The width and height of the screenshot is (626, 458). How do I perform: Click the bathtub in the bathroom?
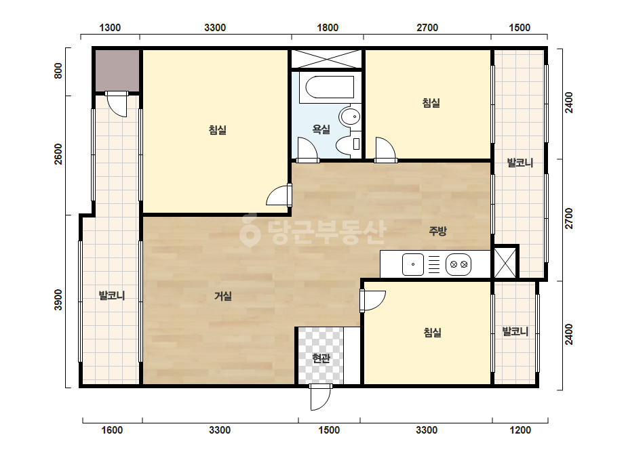(330, 87)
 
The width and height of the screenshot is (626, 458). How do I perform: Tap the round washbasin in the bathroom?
(350, 117)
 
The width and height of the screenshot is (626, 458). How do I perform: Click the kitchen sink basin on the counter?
(413, 264)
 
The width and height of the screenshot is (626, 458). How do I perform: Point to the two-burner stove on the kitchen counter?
(458, 264)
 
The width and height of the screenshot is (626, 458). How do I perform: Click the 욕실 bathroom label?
(321, 129)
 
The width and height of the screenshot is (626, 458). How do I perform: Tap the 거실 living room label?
(222, 296)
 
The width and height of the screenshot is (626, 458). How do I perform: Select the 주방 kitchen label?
(437, 231)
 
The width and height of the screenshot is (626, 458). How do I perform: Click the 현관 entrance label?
(321, 358)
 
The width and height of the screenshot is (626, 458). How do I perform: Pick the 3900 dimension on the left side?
(58, 299)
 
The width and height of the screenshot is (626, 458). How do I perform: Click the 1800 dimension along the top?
(328, 28)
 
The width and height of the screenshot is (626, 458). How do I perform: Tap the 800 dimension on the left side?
(58, 70)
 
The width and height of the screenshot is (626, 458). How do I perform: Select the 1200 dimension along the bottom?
(520, 430)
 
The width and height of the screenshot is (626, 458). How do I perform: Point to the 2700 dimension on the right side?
(569, 219)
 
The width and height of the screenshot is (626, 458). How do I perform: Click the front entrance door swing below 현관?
(320, 397)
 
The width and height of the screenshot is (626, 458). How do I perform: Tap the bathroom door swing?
(307, 150)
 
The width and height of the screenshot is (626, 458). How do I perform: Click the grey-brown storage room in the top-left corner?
(117, 71)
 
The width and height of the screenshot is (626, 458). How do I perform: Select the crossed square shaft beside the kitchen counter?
(505, 262)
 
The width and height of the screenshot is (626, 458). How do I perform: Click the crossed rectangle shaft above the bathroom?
(327, 59)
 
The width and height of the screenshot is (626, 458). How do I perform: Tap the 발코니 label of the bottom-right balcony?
(515, 331)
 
